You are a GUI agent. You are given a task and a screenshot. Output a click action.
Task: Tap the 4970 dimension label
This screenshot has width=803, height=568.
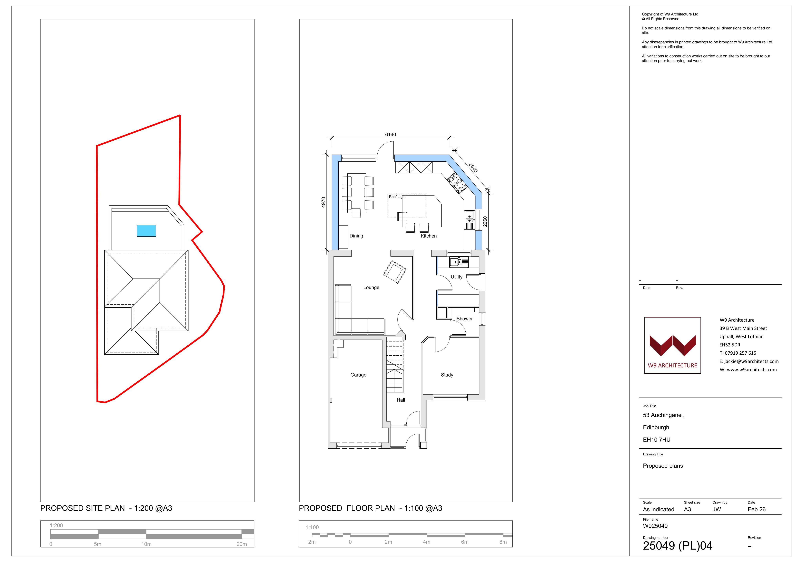point(323,202)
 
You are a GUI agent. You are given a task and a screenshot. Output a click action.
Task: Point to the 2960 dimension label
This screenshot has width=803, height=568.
point(485,221)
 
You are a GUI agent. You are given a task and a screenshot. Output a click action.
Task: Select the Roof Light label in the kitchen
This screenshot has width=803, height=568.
point(397,197)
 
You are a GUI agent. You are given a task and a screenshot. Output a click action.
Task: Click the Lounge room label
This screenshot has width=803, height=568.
point(371,287)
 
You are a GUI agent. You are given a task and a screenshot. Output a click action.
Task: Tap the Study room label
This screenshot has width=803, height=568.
point(447,375)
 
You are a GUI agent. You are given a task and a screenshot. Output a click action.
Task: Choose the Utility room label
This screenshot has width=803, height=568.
point(456,277)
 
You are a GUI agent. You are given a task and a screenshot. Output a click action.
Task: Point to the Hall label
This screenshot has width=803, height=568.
point(401,400)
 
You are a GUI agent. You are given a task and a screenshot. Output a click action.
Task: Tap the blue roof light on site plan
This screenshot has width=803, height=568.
point(146,231)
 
